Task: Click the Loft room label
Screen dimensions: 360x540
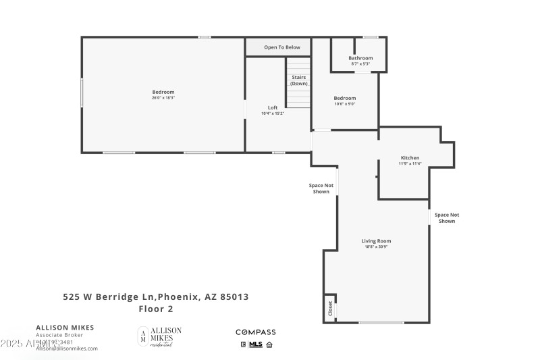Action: pos(273,107)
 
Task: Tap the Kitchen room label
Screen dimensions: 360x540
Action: pos(409,157)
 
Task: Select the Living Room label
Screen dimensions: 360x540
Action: pos(376,240)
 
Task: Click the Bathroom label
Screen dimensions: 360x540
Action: pos(360,58)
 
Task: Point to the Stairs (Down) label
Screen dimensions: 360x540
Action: pos(298,80)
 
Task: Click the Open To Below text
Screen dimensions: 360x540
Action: pos(282,47)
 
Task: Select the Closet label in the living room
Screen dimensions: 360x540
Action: pos(330,309)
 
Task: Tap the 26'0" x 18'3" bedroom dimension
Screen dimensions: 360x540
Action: pos(163,98)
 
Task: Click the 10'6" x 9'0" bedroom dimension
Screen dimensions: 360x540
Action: pos(344,104)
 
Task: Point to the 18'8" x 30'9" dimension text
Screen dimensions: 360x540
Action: pos(376,247)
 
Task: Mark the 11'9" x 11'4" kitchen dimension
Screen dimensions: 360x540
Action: pos(409,163)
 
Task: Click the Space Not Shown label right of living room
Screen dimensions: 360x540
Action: pos(447,218)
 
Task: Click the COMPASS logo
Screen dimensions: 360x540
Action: pos(255,332)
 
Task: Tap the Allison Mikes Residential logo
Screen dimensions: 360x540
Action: pos(159,336)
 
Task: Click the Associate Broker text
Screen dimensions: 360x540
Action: pos(59,335)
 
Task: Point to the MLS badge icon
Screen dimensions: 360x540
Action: pos(255,344)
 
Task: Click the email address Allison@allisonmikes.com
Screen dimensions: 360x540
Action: pos(67,349)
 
